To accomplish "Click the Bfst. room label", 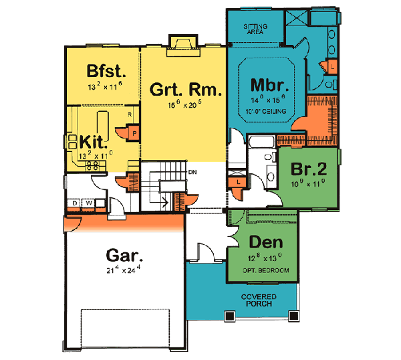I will [x=103, y=71].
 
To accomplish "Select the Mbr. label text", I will [x=269, y=86].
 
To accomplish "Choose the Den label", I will [x=264, y=242].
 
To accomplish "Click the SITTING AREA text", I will [x=257, y=29].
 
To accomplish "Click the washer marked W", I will [x=88, y=202].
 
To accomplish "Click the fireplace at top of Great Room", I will [x=180, y=44].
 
